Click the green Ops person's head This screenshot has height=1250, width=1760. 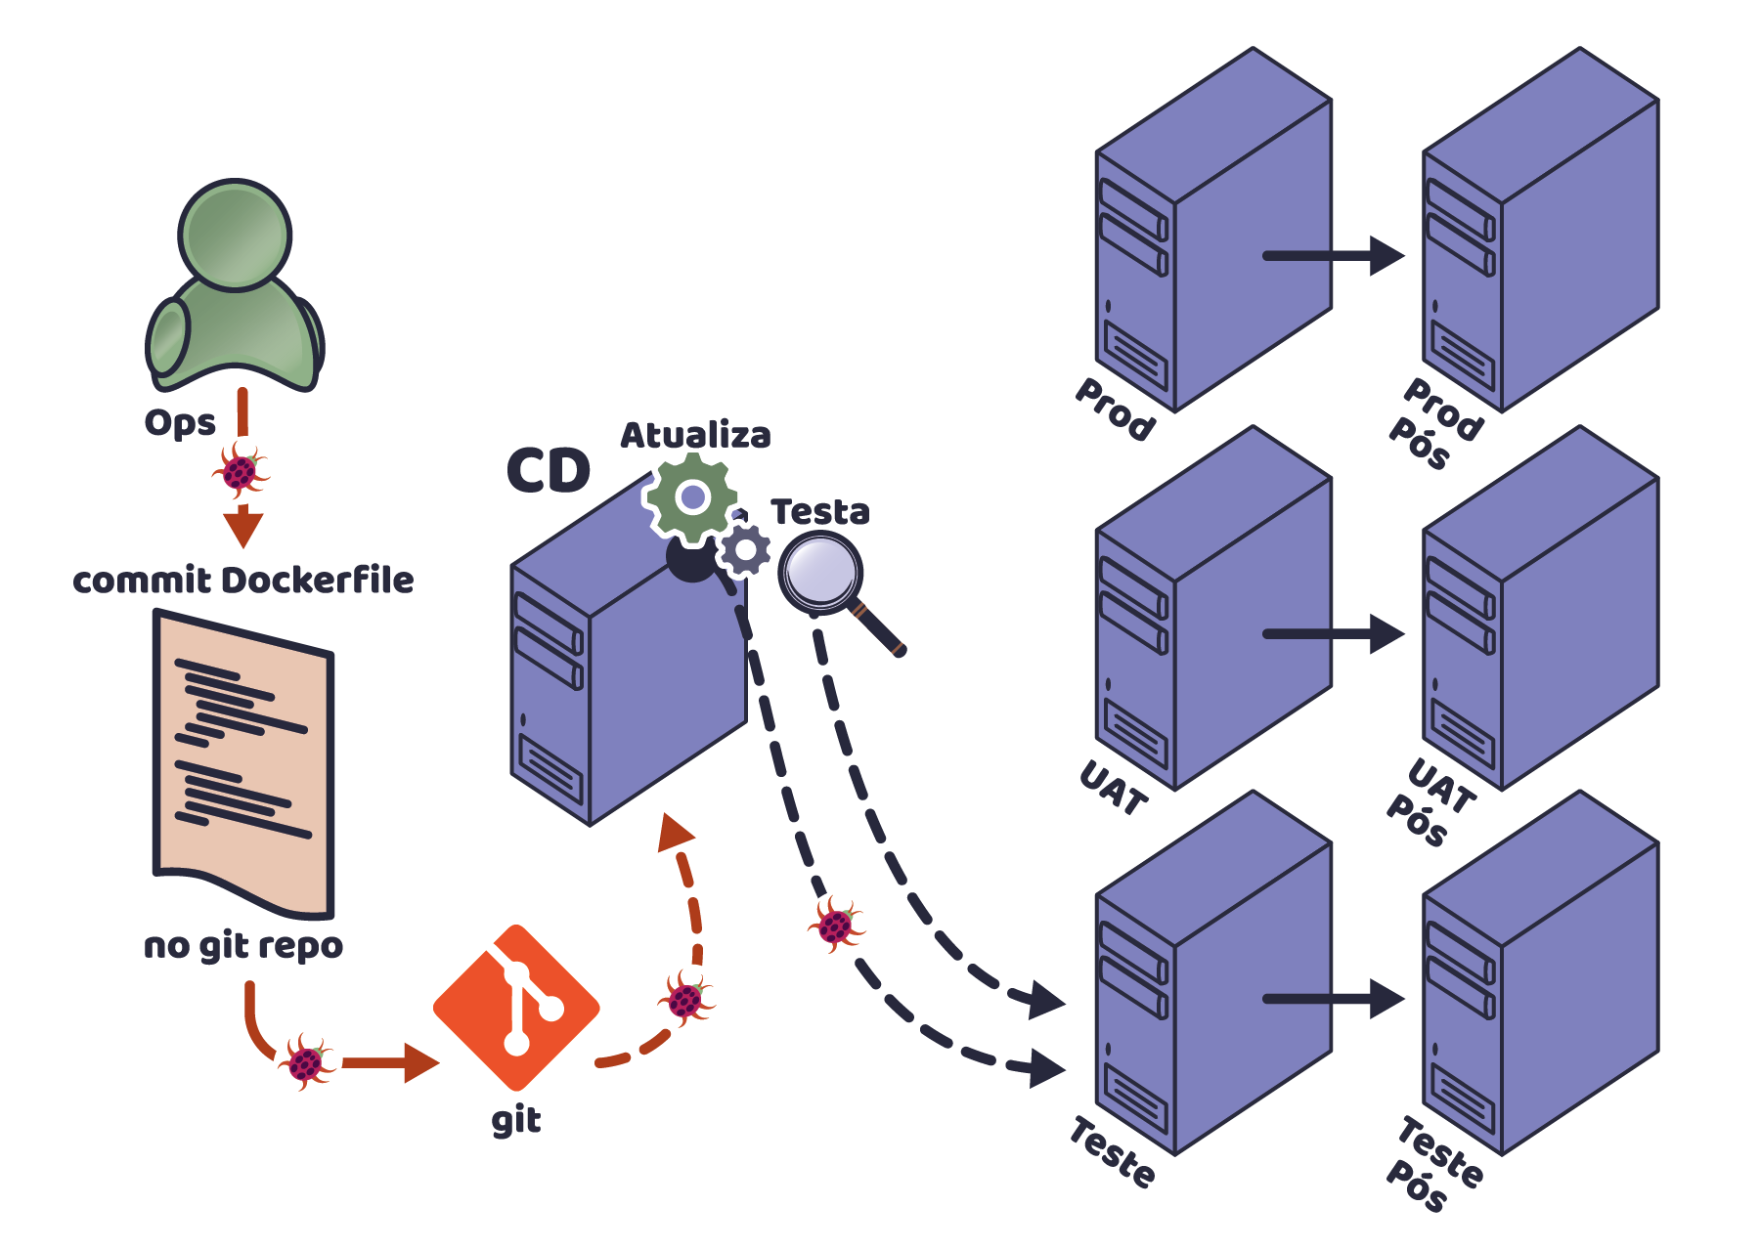235,235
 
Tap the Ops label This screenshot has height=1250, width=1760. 180,422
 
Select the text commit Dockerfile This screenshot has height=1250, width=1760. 243,580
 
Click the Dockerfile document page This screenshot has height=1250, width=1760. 243,762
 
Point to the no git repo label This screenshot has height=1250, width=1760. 243,945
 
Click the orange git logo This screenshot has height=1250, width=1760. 516,1008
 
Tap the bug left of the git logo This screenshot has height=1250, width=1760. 306,1061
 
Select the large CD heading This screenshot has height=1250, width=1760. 549,471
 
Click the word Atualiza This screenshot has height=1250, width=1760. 695,435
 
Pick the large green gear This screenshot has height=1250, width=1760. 692,497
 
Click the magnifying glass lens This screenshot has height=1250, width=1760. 820,572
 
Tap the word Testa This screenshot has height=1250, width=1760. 819,511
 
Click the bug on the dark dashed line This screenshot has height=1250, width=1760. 835,924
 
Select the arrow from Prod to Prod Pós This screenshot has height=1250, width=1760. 1334,256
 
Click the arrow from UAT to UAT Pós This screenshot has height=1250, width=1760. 1334,634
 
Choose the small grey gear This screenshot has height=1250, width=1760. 746,550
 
